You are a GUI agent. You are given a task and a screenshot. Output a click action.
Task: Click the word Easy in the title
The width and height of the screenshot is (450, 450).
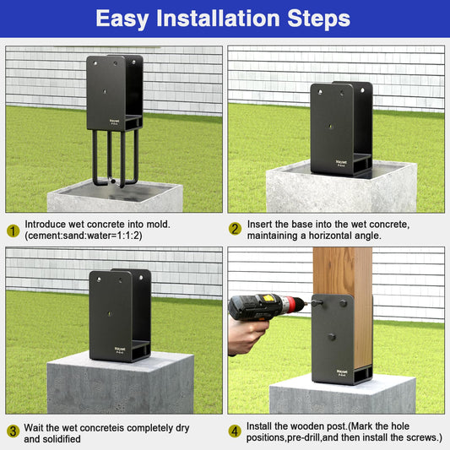click(x=122, y=19)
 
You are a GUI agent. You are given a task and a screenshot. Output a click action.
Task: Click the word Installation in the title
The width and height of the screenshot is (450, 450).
click(x=218, y=18)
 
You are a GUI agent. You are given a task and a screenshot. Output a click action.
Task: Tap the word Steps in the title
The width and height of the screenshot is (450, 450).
click(x=318, y=19)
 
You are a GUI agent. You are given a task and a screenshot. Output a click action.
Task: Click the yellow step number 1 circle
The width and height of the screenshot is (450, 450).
click(x=13, y=230)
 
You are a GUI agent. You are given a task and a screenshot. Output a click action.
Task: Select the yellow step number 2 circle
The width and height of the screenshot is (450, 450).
click(x=235, y=229)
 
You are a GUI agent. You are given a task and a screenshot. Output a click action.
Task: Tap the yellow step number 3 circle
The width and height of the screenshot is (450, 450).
click(x=13, y=431)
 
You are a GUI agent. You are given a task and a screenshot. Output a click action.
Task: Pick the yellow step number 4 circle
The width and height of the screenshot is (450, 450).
click(x=235, y=431)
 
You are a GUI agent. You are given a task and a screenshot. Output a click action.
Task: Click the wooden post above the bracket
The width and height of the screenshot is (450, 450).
click(x=343, y=271)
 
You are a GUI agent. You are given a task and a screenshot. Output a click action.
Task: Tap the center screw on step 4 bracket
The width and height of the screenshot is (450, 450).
click(x=332, y=337)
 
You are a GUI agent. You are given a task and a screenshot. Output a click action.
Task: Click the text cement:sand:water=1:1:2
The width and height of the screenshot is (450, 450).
click(x=84, y=236)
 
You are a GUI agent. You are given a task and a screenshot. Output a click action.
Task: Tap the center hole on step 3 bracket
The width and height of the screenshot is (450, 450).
click(x=110, y=314)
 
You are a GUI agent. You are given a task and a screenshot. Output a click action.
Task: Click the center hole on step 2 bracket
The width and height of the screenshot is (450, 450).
click(x=331, y=126)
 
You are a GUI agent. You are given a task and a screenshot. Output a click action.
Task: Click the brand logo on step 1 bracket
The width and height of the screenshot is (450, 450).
click(x=114, y=122)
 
